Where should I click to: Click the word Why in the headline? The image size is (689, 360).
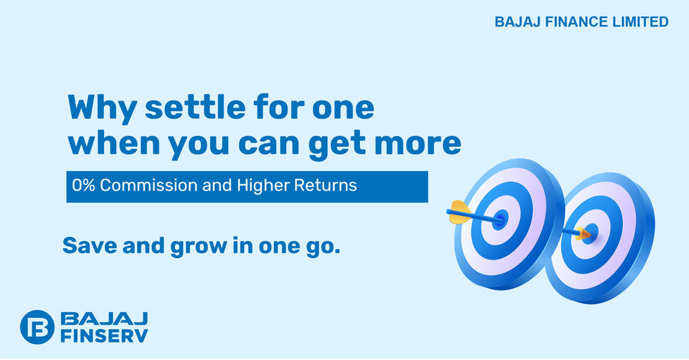(x=101, y=108)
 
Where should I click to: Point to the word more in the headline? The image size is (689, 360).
(x=418, y=143)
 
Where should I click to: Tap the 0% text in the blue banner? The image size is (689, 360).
(x=84, y=186)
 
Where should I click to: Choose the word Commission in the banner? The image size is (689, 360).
(x=148, y=186)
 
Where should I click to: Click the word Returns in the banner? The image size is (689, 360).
(x=325, y=186)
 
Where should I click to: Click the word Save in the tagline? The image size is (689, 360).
(x=90, y=245)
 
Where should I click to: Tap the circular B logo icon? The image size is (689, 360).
(x=37, y=327)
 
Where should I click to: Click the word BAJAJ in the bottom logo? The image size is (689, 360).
(x=104, y=319)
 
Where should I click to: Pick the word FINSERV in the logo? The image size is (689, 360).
(x=104, y=336)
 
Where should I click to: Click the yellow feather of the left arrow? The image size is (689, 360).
(x=460, y=212)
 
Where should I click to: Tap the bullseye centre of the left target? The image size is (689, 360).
(x=499, y=219)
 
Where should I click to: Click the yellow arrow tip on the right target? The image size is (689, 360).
(x=584, y=233)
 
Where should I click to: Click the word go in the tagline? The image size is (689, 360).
(x=323, y=247)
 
